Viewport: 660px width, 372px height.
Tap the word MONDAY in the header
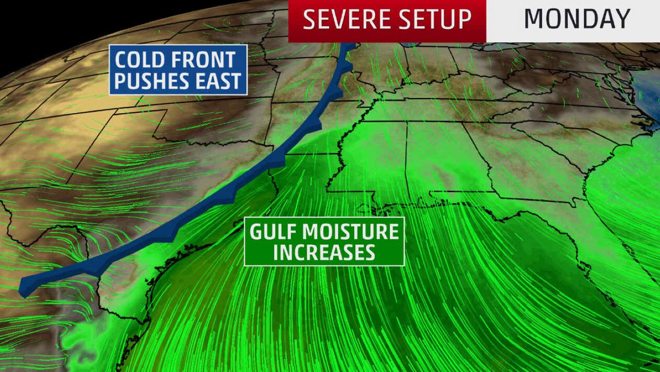576,20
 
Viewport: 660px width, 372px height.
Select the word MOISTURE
353,232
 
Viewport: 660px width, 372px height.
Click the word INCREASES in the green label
324,253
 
